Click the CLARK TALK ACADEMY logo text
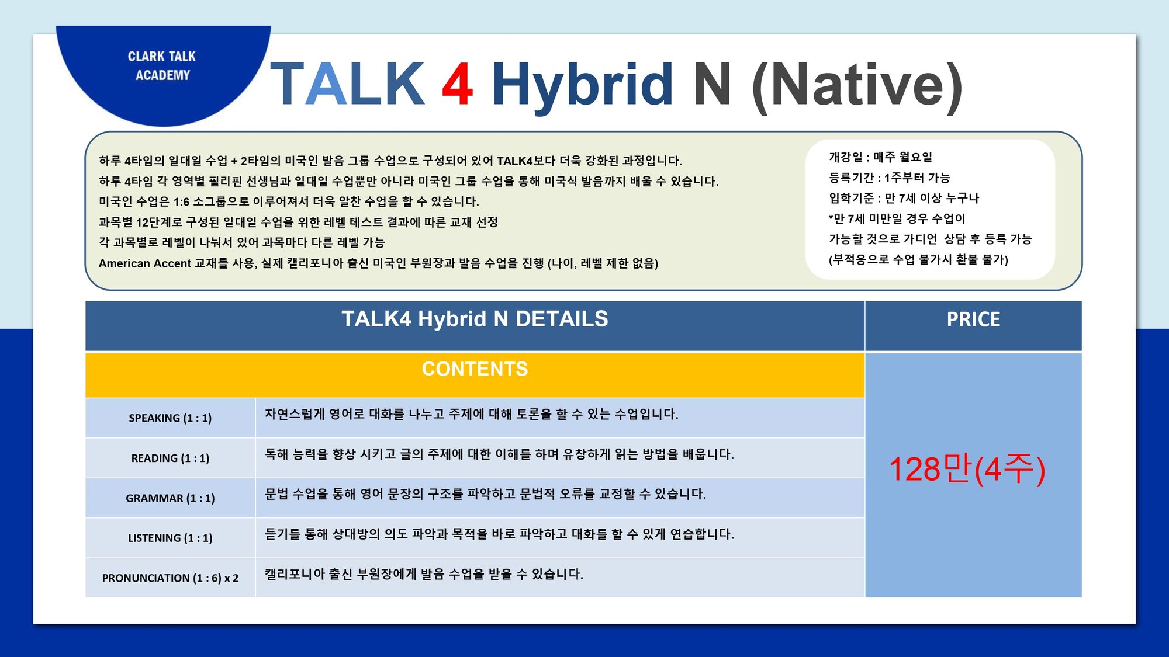162,65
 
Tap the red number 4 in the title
457,84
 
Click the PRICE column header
973,319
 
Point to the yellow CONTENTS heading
475,369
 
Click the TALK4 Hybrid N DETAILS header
475,319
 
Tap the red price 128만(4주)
967,469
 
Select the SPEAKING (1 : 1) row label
170,418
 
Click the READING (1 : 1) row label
170,458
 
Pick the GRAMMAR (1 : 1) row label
170,498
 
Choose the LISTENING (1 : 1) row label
170,538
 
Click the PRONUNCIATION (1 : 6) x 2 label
170,578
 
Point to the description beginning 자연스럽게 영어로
472,414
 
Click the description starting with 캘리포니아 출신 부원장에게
424,574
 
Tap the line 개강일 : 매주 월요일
880,157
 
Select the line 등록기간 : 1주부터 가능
889,178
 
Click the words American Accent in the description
145,263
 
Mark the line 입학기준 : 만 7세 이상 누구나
904,198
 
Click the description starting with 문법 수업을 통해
486,494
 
